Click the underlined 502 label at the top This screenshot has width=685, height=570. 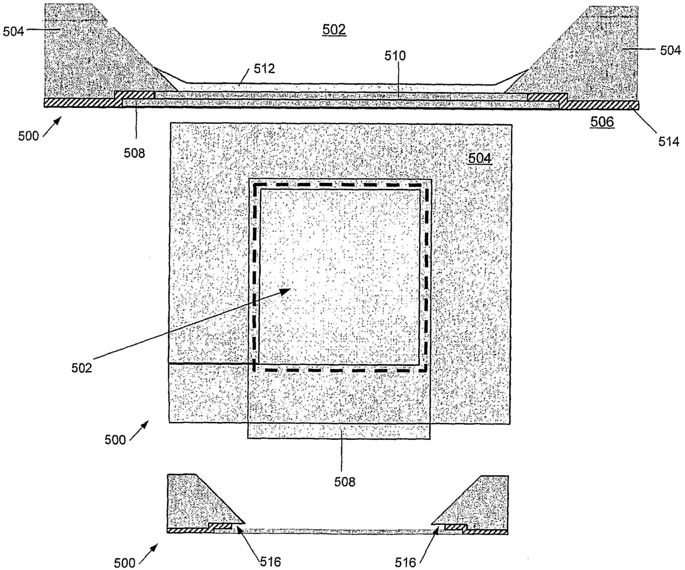click(x=334, y=30)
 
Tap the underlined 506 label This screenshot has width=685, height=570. click(x=602, y=122)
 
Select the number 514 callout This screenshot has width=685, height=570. click(x=668, y=141)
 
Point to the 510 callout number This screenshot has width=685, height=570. click(x=395, y=56)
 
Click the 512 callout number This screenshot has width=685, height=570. click(x=264, y=69)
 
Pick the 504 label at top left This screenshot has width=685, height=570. click(x=13, y=31)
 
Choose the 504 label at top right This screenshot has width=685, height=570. click(x=671, y=51)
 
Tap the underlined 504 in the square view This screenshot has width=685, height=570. click(x=479, y=159)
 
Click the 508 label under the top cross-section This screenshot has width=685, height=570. click(x=134, y=153)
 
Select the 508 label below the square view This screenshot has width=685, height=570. click(x=345, y=482)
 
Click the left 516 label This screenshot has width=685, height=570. click(x=270, y=562)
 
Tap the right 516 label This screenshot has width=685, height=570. click(x=405, y=562)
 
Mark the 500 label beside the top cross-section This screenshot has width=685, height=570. click(x=29, y=136)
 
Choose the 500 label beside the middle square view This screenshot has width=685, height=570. click(x=115, y=440)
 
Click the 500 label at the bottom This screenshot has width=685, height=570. click(x=124, y=563)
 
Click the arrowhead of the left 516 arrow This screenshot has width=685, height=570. click(x=237, y=527)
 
